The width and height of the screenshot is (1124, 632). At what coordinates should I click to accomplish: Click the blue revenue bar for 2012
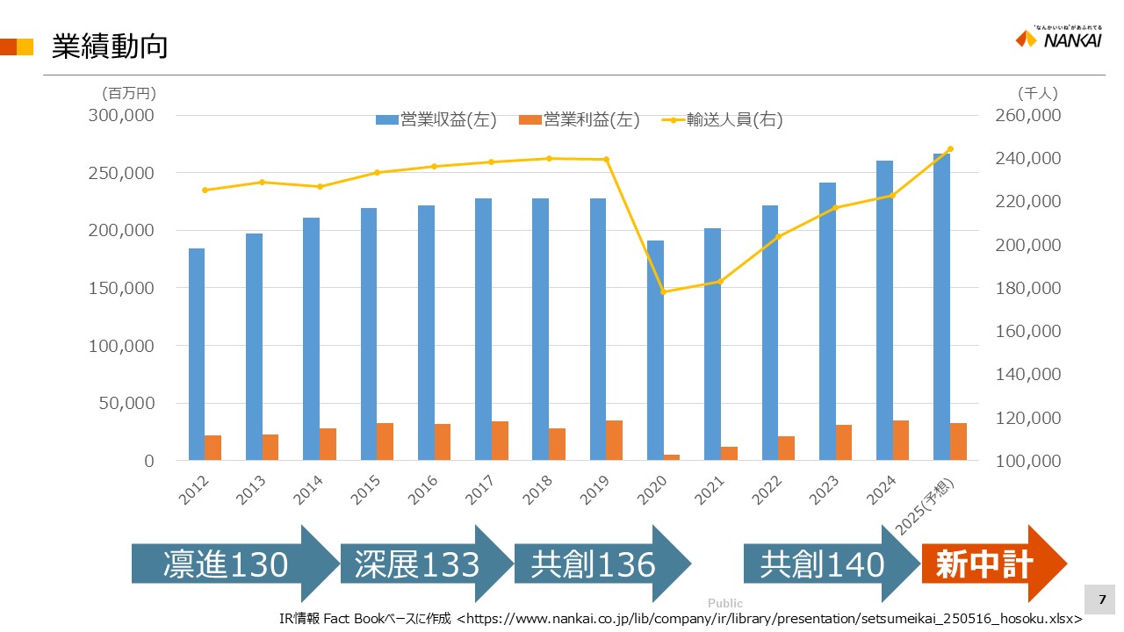click(x=197, y=355)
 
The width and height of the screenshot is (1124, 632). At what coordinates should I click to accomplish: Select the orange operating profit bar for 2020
click(x=672, y=457)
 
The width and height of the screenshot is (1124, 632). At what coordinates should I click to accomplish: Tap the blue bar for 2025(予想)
click(x=941, y=307)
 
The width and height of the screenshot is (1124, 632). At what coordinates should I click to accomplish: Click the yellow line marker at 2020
click(x=663, y=291)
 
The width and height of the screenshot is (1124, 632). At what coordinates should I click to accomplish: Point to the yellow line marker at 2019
click(x=606, y=159)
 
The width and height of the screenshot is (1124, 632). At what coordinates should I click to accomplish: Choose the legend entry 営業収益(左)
click(x=436, y=120)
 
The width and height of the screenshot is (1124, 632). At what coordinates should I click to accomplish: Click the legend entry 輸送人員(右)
click(x=722, y=120)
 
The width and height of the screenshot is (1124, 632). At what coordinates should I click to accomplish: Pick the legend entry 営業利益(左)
click(x=580, y=120)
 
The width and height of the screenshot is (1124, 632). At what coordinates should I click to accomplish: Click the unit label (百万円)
click(x=128, y=92)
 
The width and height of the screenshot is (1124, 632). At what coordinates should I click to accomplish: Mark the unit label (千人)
click(x=1038, y=92)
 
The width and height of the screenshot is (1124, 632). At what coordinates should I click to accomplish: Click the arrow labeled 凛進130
click(x=234, y=564)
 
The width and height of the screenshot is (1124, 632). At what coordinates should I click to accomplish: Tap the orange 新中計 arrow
click(x=992, y=564)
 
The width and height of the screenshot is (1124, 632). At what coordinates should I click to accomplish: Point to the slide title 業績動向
click(x=109, y=47)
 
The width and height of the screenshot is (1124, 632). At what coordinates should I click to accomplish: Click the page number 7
click(x=1102, y=600)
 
